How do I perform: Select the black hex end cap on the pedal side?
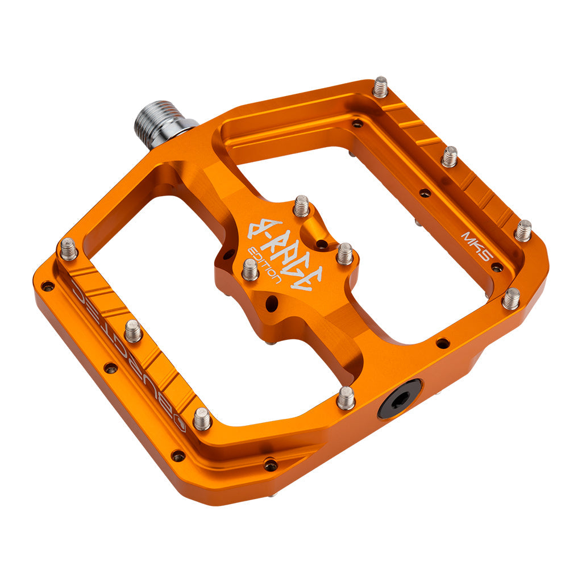coord(400,398)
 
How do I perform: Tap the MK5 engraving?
coord(476,244)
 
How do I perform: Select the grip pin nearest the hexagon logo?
coord(202,418)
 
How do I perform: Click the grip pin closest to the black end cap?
coord(346,397)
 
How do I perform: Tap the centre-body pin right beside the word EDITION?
coord(250,269)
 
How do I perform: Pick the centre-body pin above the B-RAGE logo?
coord(301,206)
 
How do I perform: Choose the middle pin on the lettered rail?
coord(133,330)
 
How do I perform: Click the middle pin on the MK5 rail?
coord(450,156)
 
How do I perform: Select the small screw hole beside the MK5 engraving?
coord(497,267)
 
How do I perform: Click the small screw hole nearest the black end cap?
coord(442,343)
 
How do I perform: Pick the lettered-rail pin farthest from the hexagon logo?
coord(68,249)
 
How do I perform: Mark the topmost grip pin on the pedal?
coord(380,87)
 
